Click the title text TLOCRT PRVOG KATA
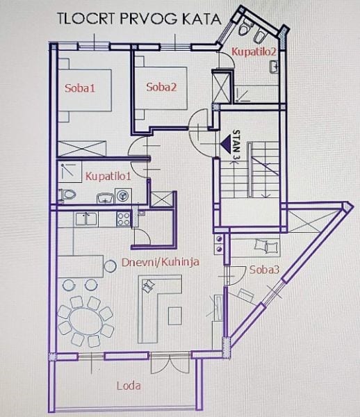(x=139, y=19)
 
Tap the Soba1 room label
(x=80, y=88)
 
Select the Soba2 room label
(x=161, y=87)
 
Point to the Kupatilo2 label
(x=254, y=51)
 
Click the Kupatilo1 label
(x=108, y=177)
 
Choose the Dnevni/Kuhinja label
(x=160, y=262)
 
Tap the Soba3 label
(x=264, y=270)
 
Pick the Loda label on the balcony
(x=129, y=385)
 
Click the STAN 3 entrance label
(x=236, y=145)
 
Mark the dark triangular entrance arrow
(x=226, y=144)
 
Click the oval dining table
(x=85, y=320)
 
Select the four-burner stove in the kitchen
(x=124, y=219)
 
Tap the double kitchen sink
(x=86, y=219)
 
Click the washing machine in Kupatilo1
(x=122, y=196)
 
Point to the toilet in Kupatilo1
(x=67, y=195)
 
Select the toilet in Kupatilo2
(x=246, y=28)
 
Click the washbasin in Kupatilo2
(x=274, y=67)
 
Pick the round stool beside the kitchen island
(x=110, y=266)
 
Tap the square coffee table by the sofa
(x=175, y=316)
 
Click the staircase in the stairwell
(x=250, y=170)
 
